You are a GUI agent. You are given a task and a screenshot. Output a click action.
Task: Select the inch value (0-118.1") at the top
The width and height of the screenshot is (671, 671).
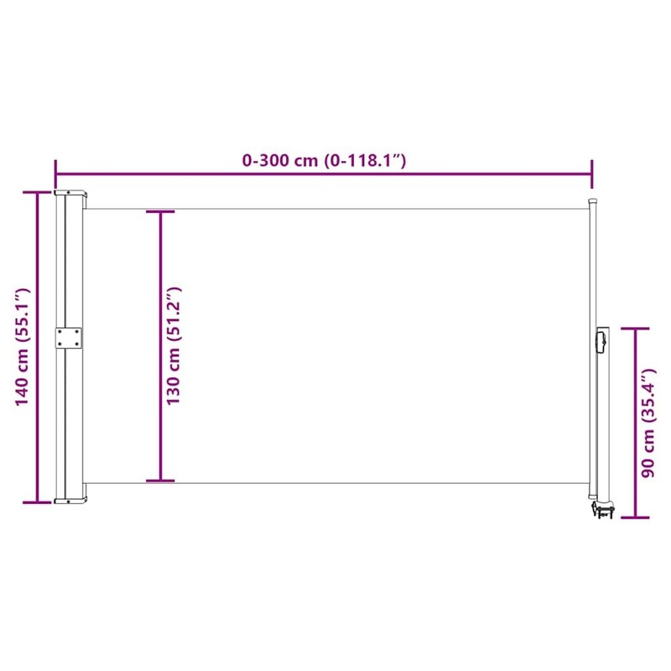[x=366, y=160]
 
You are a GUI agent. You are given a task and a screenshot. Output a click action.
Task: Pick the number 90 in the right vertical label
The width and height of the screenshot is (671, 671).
[x=647, y=462]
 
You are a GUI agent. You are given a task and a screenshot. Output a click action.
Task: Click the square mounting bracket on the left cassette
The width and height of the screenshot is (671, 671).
[x=70, y=337]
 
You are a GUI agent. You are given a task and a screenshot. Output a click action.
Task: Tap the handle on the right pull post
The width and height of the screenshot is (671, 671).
[x=601, y=341]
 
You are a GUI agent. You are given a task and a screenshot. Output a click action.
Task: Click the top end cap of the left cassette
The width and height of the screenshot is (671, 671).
[x=70, y=192]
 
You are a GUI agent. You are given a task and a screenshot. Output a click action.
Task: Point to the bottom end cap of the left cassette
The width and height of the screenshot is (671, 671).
[x=70, y=501]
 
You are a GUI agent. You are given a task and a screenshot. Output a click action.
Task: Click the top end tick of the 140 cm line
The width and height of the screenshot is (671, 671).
[x=37, y=192]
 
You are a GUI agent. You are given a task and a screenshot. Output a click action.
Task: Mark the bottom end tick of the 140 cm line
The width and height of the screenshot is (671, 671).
[x=37, y=502]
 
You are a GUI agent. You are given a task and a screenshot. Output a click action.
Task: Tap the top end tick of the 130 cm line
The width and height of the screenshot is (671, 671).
[x=160, y=211]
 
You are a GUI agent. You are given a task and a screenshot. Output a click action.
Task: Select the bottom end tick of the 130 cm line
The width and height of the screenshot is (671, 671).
[x=160, y=481]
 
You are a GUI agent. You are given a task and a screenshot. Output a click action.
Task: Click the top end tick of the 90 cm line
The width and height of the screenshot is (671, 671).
[x=635, y=328]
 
